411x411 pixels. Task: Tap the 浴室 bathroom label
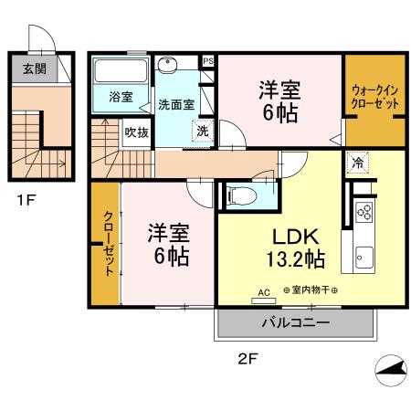(x=121, y=96)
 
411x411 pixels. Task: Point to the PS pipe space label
(x=208, y=61)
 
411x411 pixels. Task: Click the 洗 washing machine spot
(x=203, y=131)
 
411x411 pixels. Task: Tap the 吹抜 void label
(x=136, y=132)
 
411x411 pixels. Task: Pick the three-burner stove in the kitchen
(x=364, y=213)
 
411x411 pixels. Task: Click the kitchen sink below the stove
(x=364, y=255)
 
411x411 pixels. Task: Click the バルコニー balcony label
(x=296, y=321)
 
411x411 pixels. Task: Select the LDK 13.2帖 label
(x=285, y=246)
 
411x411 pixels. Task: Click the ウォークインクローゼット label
(x=374, y=97)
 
